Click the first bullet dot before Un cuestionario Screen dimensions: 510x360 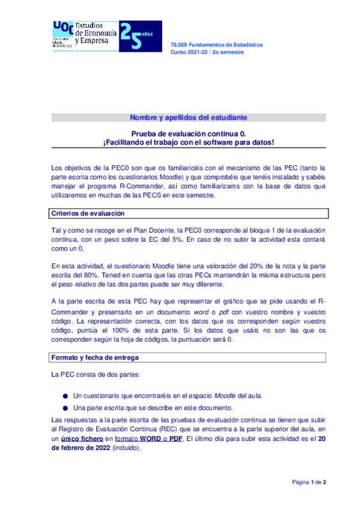click(x=65, y=396)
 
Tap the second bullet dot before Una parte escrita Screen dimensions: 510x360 click(x=65, y=408)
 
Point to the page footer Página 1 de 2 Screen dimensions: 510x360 click(x=309, y=482)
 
